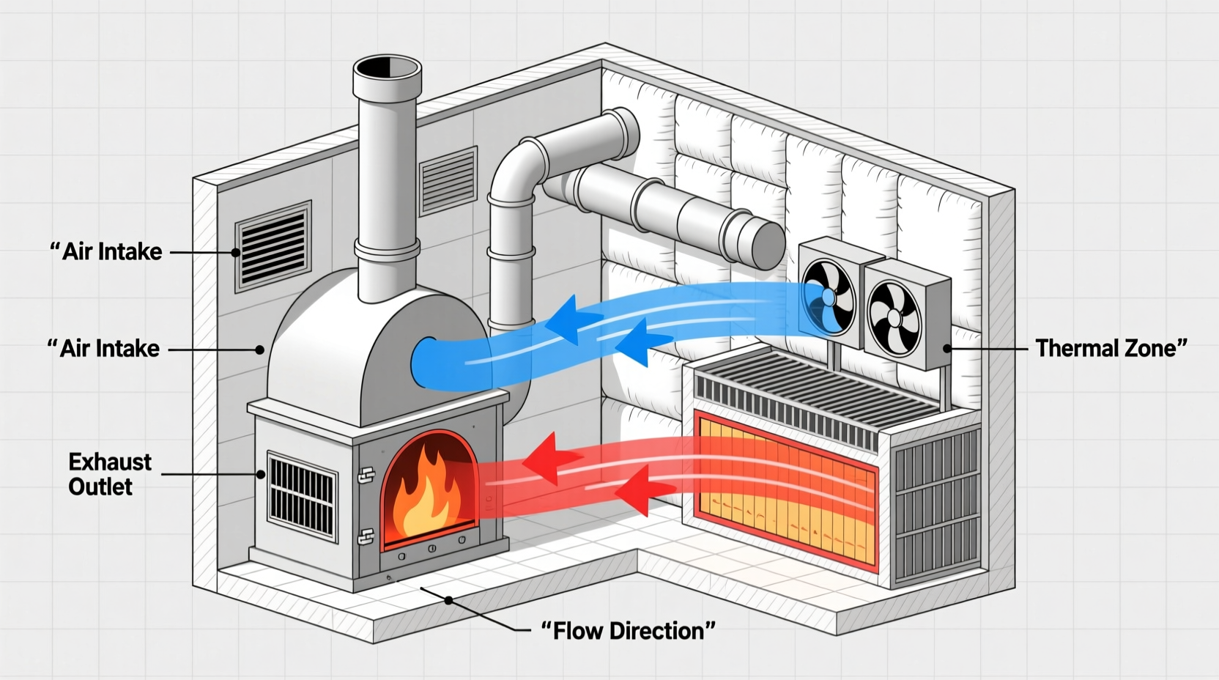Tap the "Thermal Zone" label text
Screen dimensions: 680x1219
point(1111,348)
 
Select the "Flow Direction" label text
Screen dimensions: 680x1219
point(628,630)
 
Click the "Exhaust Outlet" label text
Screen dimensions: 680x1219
point(109,474)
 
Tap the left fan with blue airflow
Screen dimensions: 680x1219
point(829,296)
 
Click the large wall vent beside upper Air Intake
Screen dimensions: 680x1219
point(273,246)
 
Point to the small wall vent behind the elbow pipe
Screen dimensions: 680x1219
point(448,180)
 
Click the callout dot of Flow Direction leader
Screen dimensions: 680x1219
point(448,600)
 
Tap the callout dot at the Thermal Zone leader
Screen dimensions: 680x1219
point(947,349)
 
